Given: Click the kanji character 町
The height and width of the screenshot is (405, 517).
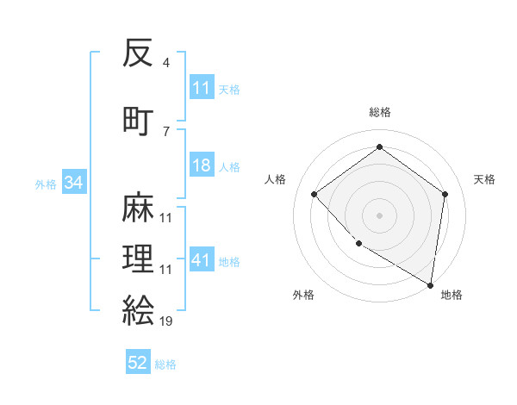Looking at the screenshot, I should (x=139, y=119).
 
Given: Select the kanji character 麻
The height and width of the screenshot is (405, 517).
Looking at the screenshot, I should (x=139, y=208).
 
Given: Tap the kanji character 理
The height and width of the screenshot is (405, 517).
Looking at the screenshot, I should (x=139, y=259).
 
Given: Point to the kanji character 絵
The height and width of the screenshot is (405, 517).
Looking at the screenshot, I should (x=139, y=309).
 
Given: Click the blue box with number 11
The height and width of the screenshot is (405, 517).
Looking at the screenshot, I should (x=202, y=88).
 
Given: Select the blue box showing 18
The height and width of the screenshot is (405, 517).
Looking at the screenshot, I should (x=202, y=166).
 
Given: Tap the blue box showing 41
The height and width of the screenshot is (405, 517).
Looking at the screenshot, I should (x=202, y=260).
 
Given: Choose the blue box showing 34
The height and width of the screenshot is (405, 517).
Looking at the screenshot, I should (x=73, y=183).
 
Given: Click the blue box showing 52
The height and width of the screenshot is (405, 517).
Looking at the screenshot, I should (x=138, y=363).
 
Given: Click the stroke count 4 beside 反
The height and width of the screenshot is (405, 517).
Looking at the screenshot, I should (x=165, y=63).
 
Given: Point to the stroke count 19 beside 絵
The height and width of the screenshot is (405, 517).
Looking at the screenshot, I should (x=165, y=321).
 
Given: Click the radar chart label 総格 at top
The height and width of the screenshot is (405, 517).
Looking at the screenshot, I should (x=379, y=113).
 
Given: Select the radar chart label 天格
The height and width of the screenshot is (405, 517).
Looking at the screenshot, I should (x=484, y=179).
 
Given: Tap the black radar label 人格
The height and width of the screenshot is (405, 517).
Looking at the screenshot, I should (x=275, y=179).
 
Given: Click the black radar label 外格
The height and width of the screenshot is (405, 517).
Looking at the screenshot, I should (x=303, y=295).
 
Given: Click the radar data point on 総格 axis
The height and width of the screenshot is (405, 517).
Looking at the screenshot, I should (x=379, y=146).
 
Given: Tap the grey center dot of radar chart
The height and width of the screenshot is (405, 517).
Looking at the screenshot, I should (x=379, y=215).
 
